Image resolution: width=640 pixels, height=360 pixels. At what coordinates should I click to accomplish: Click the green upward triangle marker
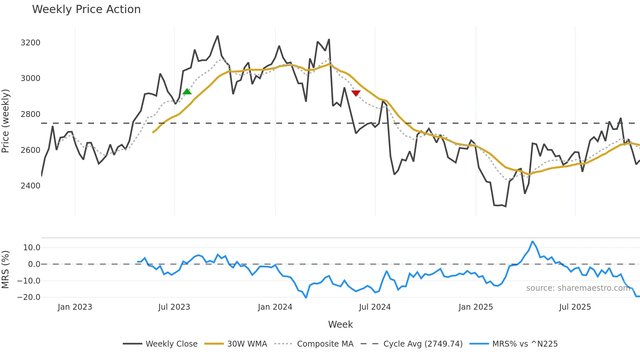tap(187, 92)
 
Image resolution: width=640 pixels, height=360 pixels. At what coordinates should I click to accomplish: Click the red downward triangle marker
tap(356, 93)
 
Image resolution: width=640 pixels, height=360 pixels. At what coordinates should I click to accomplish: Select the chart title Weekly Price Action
tap(86, 9)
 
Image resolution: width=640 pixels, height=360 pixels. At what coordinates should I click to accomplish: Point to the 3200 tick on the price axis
tap(30, 43)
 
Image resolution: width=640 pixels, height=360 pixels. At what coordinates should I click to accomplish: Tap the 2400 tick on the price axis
tap(30, 186)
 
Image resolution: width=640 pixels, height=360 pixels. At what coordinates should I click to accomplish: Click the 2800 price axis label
tap(30, 114)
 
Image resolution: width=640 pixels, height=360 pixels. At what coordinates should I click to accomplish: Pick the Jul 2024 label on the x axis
tap(375, 307)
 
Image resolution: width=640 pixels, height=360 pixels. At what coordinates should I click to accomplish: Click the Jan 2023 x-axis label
tap(75, 307)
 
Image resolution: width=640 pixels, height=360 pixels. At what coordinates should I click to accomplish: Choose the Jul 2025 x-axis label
tap(575, 307)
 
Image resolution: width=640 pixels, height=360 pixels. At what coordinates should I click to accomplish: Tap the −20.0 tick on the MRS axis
tap(29, 297)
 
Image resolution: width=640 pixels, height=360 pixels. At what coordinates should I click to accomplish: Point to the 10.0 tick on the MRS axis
tap(31, 248)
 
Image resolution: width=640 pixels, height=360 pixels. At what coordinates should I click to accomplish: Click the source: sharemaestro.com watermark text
tap(578, 288)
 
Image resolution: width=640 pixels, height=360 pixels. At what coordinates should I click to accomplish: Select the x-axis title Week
tap(340, 324)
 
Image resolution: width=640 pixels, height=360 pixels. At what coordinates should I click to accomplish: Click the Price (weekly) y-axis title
tap(6, 121)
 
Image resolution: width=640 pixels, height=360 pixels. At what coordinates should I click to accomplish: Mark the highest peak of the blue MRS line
tap(532, 241)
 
